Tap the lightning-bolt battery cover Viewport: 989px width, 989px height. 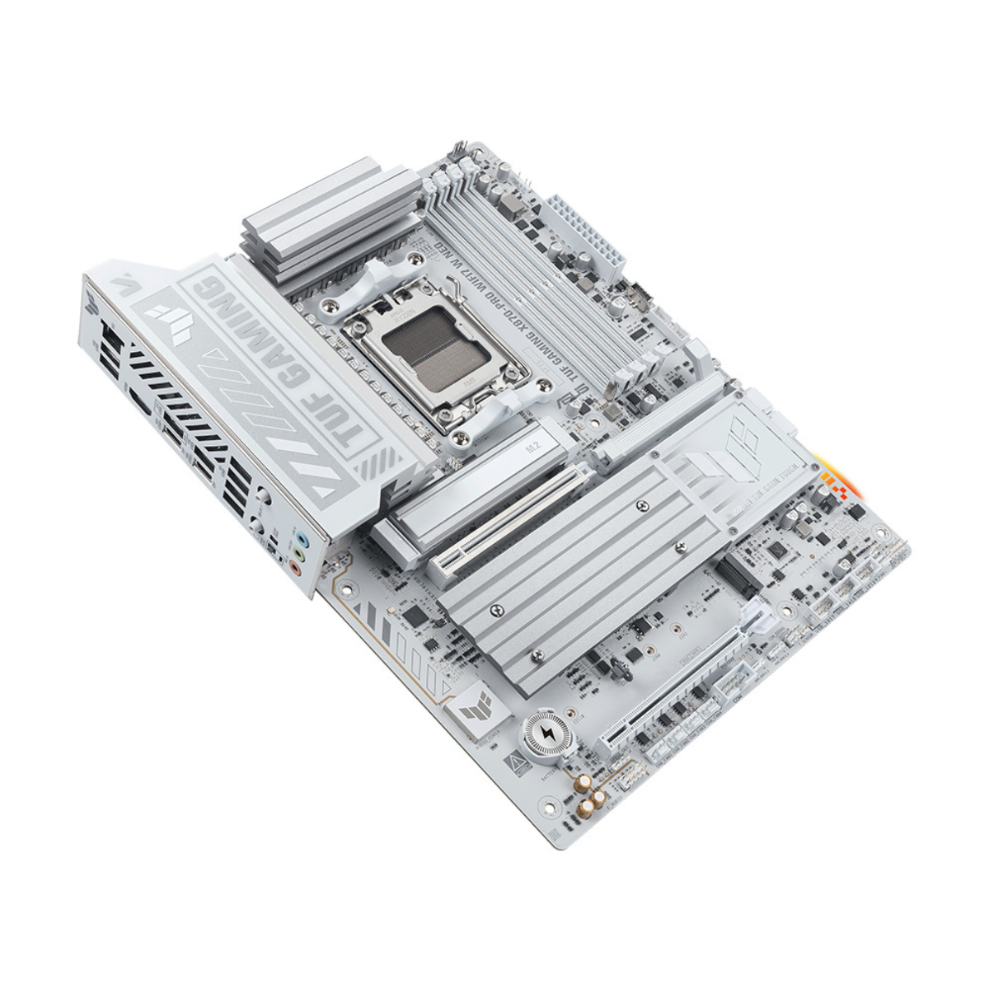[546, 732]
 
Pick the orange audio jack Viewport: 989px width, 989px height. [293, 567]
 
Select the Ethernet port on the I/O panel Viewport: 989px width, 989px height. [110, 340]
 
